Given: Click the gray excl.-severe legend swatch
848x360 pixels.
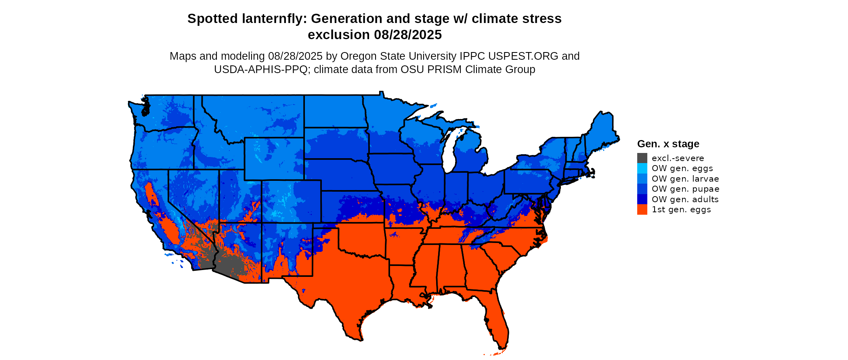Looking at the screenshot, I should [642, 158].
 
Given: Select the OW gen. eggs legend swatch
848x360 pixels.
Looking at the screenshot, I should [642, 168].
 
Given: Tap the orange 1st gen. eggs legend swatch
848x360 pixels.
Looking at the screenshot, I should [642, 209].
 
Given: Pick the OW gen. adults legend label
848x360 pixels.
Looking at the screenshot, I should [685, 199].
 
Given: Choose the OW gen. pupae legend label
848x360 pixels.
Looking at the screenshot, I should [685, 189].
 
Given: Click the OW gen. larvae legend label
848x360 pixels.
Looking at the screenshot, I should [685, 179].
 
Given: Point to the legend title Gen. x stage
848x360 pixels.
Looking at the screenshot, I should [668, 144].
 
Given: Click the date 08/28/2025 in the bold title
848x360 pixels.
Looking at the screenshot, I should [408, 35].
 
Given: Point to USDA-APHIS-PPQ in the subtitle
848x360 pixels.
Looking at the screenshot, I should [260, 69].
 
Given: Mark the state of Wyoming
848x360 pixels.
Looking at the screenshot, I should [274, 159].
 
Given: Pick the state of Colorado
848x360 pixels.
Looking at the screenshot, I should [292, 201].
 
